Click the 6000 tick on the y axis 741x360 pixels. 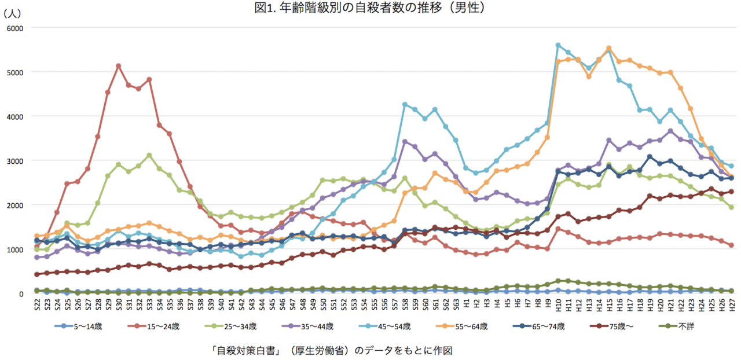click(x=14, y=28)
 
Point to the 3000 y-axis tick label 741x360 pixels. click(x=14, y=161)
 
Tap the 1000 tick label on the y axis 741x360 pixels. click(x=14, y=249)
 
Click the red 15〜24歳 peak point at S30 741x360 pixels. click(x=118, y=66)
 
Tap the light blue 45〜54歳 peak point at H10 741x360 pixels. click(x=558, y=45)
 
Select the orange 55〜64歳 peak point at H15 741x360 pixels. click(x=608, y=49)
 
